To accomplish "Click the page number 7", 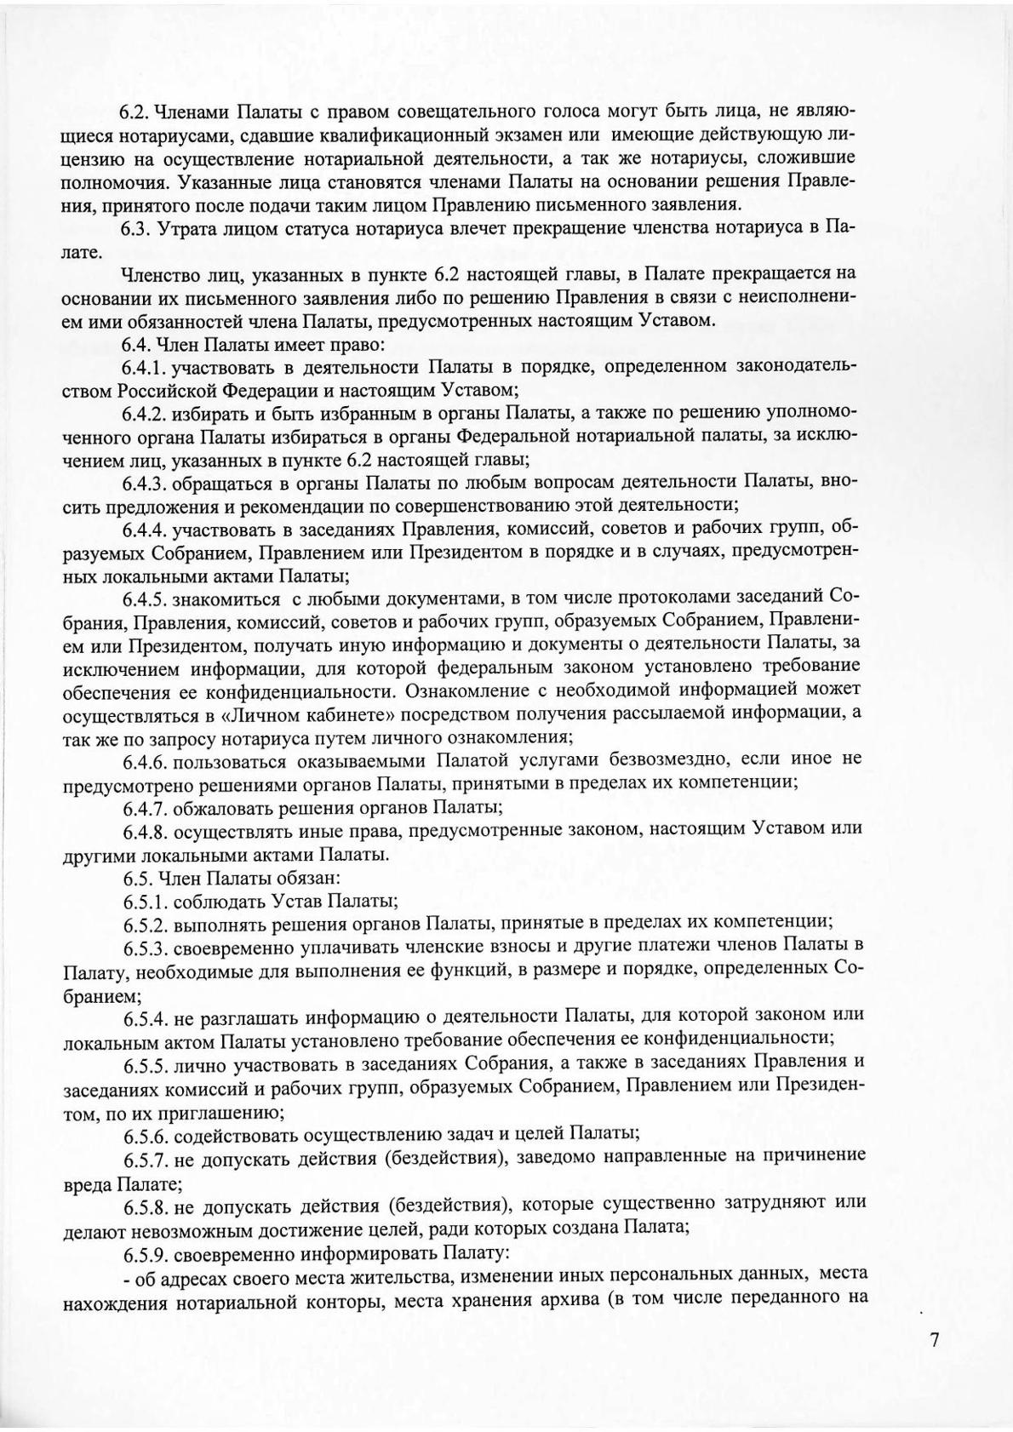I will [x=935, y=1340].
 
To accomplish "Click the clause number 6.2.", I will [x=135, y=112].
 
